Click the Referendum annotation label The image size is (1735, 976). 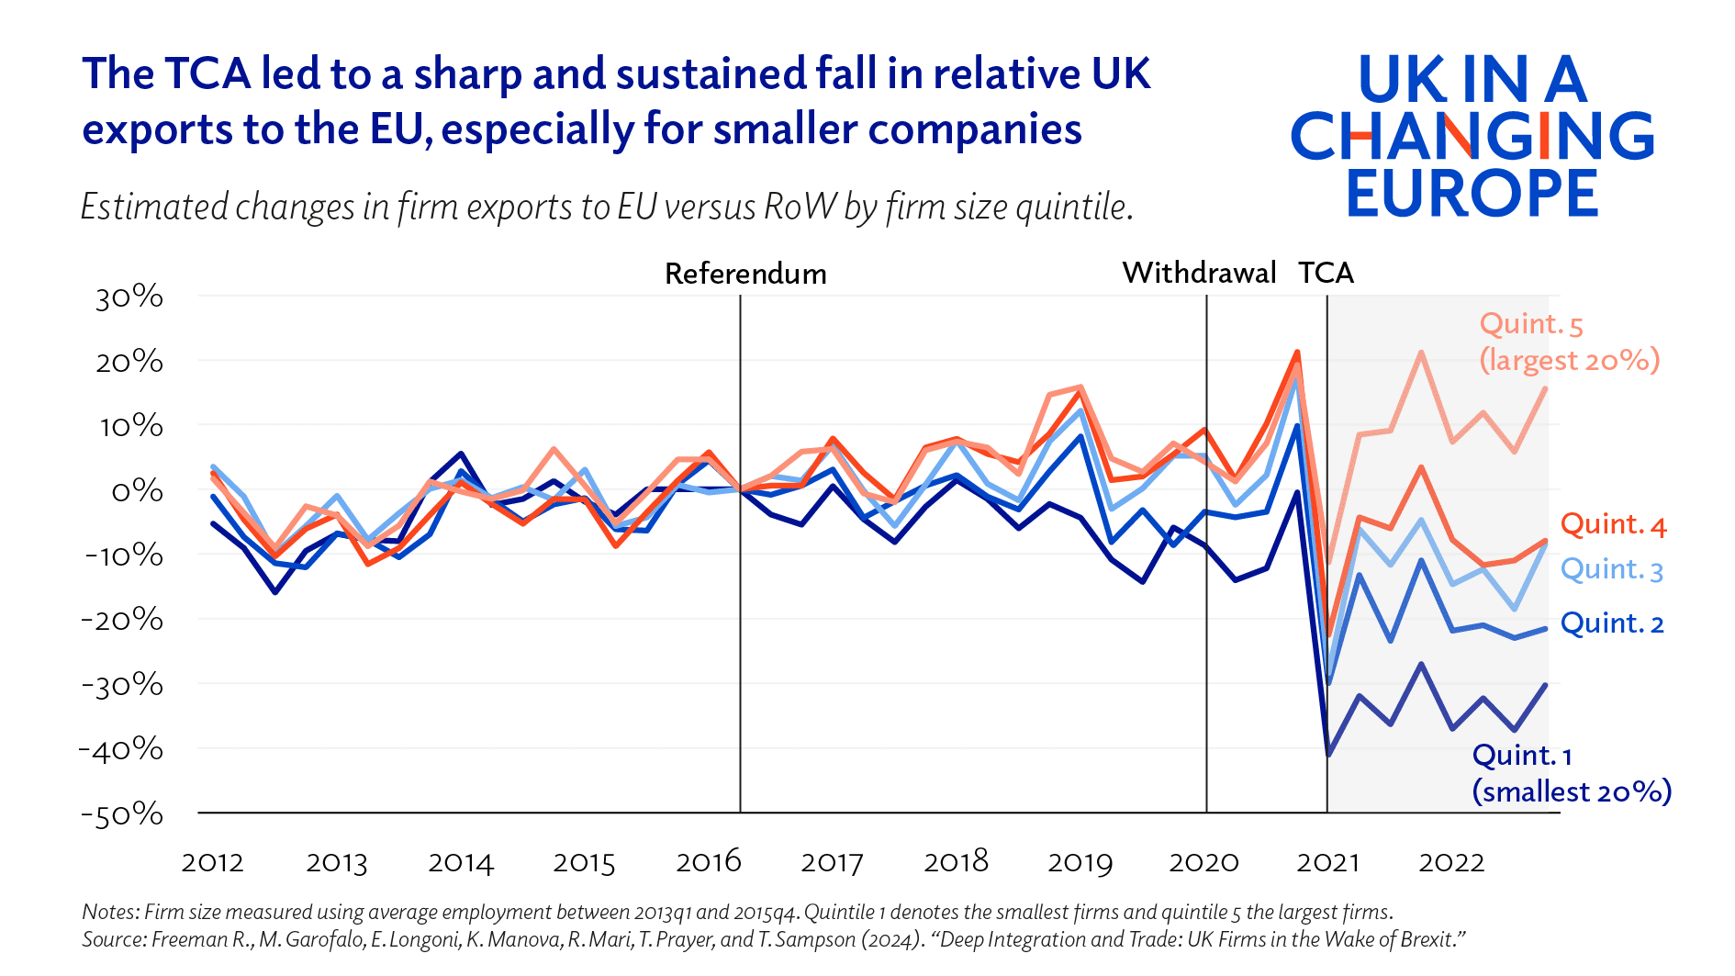click(x=745, y=274)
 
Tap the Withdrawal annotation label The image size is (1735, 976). click(x=1199, y=273)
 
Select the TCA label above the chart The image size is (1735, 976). click(x=1326, y=273)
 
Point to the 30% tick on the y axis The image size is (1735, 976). click(x=129, y=297)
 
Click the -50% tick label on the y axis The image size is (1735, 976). click(x=122, y=814)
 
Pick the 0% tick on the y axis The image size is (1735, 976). click(x=137, y=491)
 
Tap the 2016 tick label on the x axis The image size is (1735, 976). click(x=708, y=861)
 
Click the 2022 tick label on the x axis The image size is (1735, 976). click(x=1451, y=862)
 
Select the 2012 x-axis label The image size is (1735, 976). click(x=212, y=862)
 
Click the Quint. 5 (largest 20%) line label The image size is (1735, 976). click(x=1569, y=342)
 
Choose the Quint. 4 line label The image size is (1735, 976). click(x=1613, y=524)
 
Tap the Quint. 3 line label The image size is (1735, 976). click(x=1611, y=569)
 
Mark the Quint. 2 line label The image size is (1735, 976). click(x=1612, y=623)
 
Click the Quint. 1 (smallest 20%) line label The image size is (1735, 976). click(x=1571, y=773)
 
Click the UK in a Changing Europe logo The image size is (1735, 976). click(x=1472, y=135)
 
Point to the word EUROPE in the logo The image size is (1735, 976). click(x=1472, y=193)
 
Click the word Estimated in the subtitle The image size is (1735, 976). click(x=153, y=208)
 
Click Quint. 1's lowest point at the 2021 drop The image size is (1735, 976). click(x=1327, y=756)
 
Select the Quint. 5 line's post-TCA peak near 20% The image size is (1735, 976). click(x=1421, y=353)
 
